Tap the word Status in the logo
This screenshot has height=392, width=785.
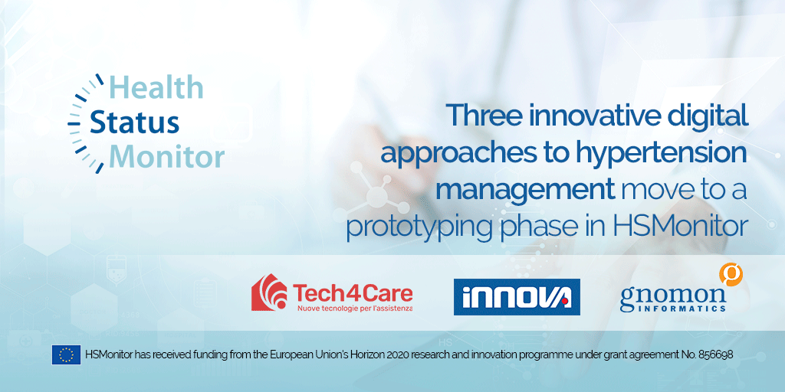click(x=135, y=122)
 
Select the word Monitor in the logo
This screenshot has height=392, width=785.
click(x=166, y=157)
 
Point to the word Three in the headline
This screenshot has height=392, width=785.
click(x=481, y=116)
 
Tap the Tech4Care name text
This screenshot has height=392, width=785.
click(x=353, y=292)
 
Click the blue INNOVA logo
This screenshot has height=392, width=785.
click(x=517, y=297)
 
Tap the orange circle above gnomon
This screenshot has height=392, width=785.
click(x=730, y=273)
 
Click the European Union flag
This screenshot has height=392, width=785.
click(x=66, y=354)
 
